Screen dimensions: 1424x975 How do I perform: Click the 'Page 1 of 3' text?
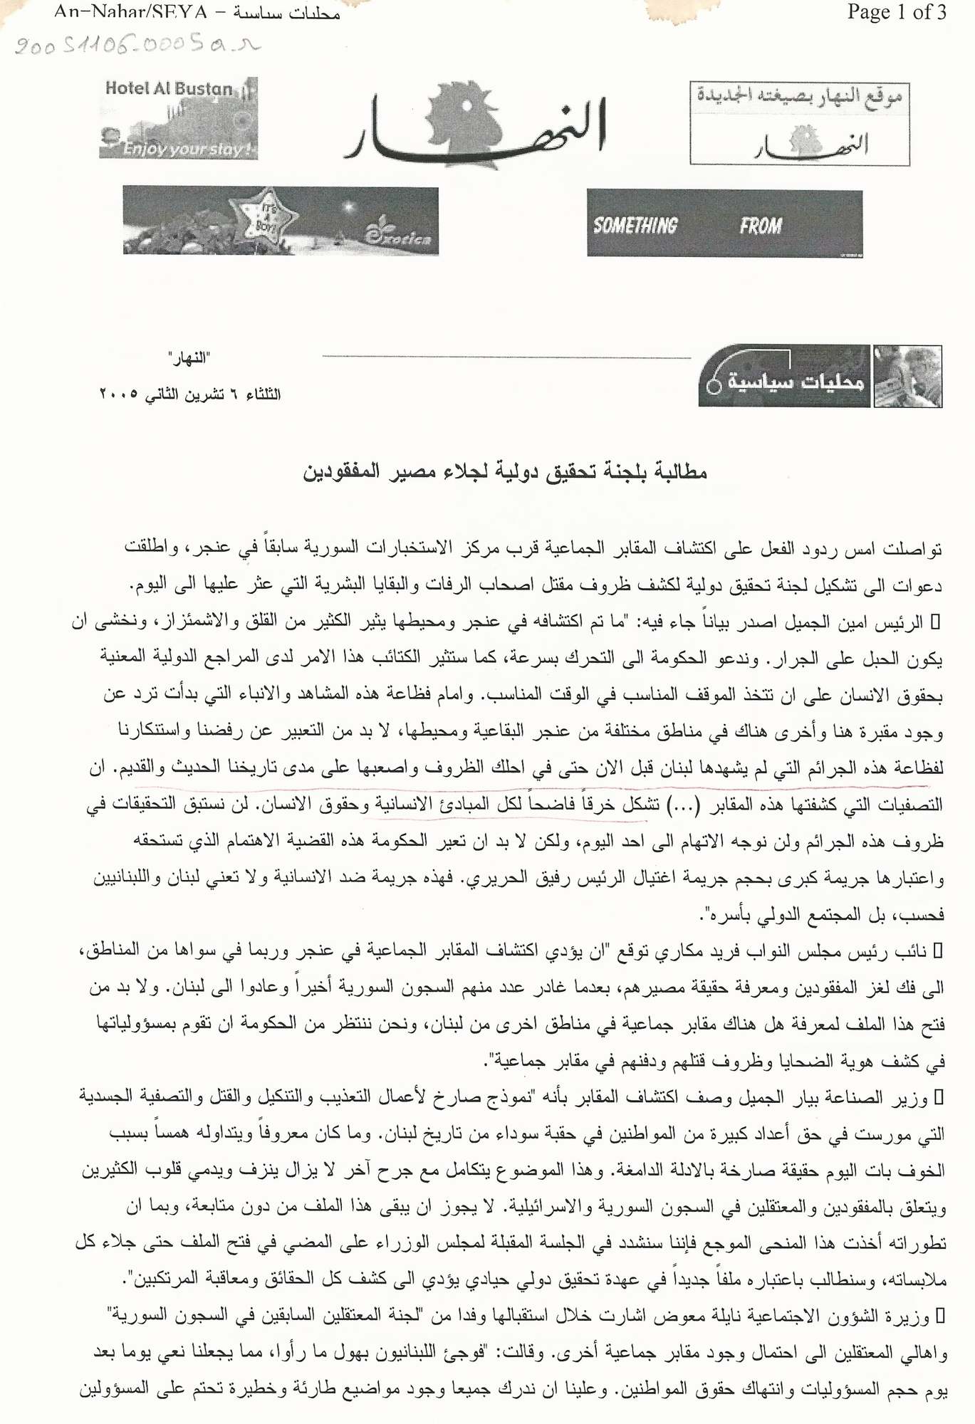[x=896, y=12]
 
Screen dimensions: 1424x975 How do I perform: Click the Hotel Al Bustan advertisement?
[x=178, y=118]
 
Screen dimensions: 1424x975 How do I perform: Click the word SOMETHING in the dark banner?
[x=635, y=226]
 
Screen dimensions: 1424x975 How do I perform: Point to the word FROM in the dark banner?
[x=760, y=226]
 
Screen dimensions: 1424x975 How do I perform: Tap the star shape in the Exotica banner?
[x=264, y=214]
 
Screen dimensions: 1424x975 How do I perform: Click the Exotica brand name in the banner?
[x=399, y=234]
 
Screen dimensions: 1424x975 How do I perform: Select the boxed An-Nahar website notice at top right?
[x=799, y=124]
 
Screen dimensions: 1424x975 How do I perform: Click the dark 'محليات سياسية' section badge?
[x=784, y=377]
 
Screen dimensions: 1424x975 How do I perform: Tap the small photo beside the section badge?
[x=907, y=377]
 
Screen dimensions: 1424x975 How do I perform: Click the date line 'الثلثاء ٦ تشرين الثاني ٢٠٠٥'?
[x=189, y=394]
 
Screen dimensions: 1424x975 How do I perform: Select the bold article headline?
[x=504, y=471]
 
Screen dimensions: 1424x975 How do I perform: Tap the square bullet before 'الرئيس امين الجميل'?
[x=937, y=622]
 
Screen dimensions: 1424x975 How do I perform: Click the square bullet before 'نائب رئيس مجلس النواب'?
[x=938, y=950]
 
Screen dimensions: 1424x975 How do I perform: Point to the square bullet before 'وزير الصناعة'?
[x=938, y=1097]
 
